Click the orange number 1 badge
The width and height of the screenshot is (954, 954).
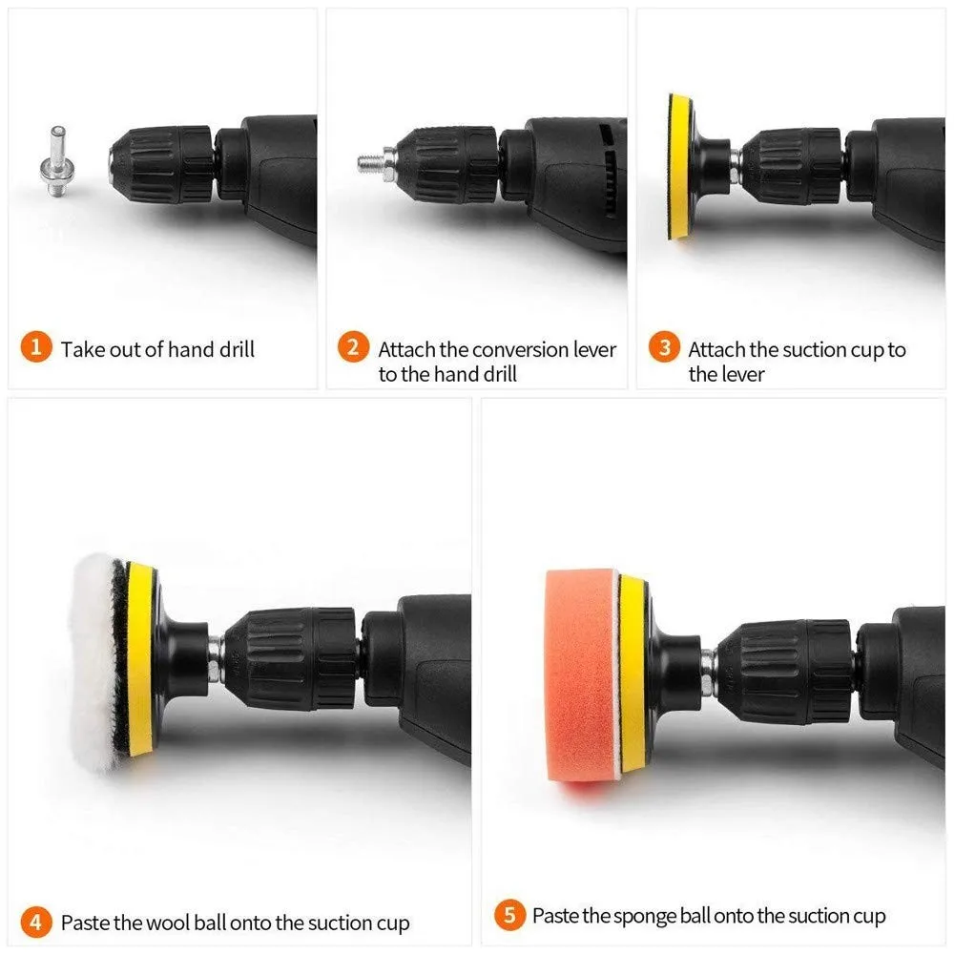pyautogui.click(x=35, y=347)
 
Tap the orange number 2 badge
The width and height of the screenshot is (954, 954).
pyautogui.click(x=352, y=347)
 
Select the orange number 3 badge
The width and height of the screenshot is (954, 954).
pyautogui.click(x=664, y=347)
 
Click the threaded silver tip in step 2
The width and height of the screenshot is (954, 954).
pyautogui.click(x=368, y=162)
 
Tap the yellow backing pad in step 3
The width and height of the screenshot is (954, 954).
pyautogui.click(x=679, y=167)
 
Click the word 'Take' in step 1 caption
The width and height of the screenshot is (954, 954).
pyautogui.click(x=81, y=349)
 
